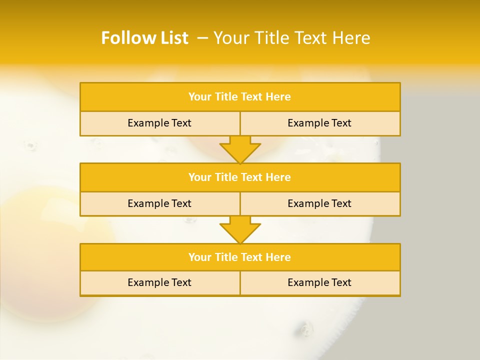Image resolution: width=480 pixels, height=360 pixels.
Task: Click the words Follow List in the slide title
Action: pos(144,38)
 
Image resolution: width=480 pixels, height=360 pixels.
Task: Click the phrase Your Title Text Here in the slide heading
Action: pos(292,38)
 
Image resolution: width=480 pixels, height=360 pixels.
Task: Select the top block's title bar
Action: pos(240,97)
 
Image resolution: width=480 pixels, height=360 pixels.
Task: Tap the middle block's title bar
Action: pos(240,177)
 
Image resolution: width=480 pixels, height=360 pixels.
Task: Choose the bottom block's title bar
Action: pos(240,257)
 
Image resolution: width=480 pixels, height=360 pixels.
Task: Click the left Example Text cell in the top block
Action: pos(159,123)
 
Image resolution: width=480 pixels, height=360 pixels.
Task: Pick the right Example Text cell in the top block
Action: pos(320,123)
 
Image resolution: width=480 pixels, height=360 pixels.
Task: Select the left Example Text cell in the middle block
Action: pos(159,204)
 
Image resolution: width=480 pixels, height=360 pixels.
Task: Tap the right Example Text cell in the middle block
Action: pos(320,204)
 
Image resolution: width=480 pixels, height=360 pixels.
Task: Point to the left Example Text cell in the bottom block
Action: pos(159,283)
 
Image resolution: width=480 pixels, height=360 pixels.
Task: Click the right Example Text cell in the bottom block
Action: pos(320,283)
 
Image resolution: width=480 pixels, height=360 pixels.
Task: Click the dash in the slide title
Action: pos(202,38)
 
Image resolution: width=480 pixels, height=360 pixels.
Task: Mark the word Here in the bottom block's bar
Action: pos(278,257)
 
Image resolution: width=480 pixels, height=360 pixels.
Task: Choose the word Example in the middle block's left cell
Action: pos(148,204)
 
